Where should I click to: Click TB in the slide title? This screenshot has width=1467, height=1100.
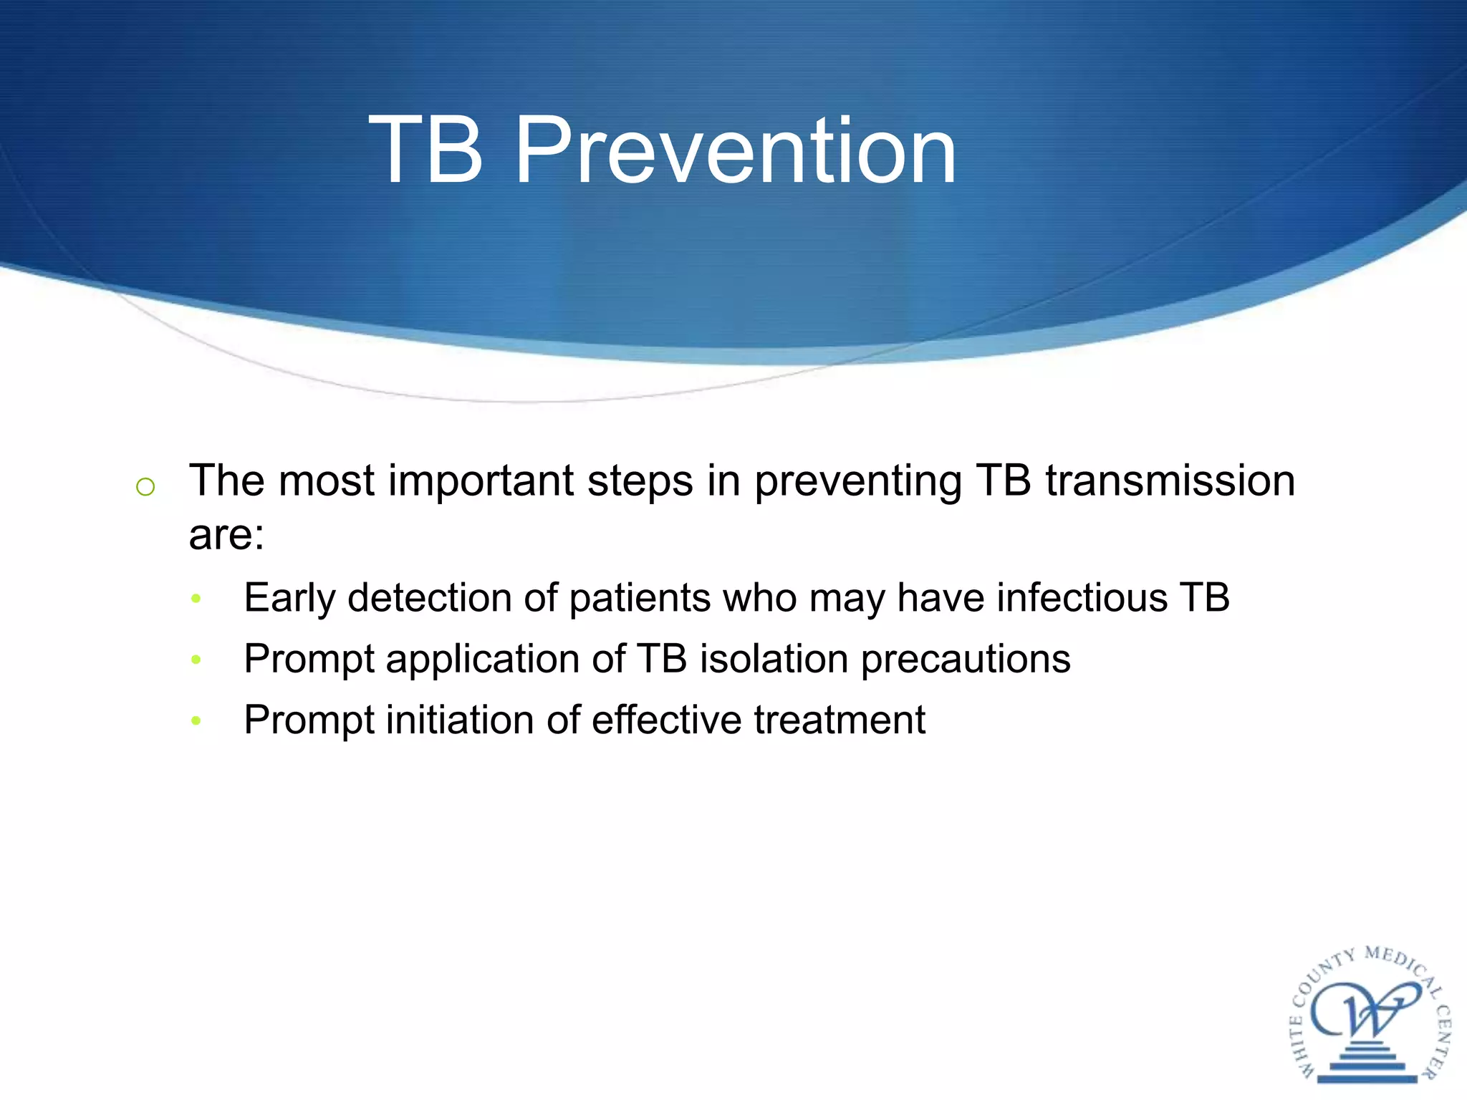click(425, 151)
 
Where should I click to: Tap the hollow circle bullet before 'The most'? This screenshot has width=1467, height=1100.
click(145, 487)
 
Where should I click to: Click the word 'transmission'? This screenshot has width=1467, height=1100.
click(1170, 481)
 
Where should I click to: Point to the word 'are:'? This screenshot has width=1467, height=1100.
click(226, 535)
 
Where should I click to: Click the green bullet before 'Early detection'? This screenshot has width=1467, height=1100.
click(196, 598)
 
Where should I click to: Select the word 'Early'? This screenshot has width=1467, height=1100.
click(289, 599)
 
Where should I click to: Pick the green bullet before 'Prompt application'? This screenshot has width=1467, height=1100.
click(196, 659)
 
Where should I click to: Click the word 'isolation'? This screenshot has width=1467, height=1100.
click(774, 659)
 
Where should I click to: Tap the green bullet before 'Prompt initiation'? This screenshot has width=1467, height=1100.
click(196, 720)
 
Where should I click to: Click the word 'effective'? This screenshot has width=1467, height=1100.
click(666, 720)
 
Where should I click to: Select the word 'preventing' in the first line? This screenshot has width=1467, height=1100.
click(857, 482)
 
